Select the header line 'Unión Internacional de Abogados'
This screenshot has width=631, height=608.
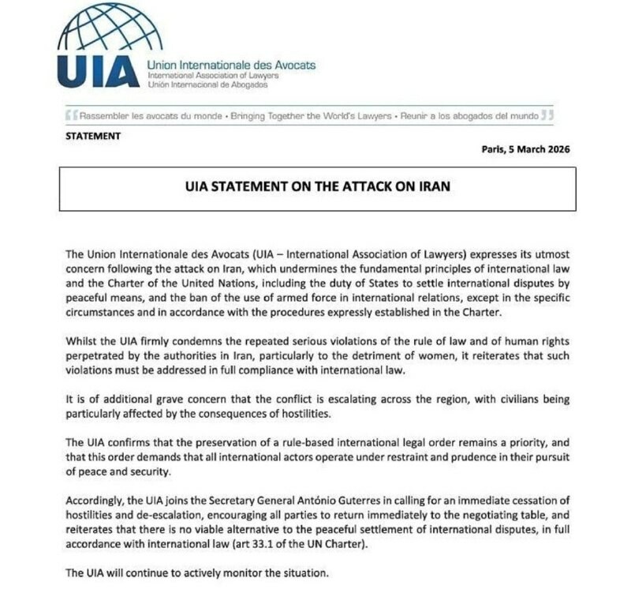click(207, 84)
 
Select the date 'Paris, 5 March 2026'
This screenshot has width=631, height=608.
click(525, 149)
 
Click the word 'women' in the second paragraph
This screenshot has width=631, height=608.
click(406, 355)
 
